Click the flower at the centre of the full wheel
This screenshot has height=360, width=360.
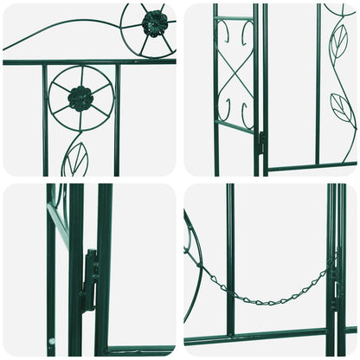point(80,99)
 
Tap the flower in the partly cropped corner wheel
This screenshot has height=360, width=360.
point(154,23)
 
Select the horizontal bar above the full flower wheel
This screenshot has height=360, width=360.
point(87,62)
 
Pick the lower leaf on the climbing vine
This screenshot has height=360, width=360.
point(343,108)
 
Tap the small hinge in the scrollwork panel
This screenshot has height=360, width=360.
point(260,143)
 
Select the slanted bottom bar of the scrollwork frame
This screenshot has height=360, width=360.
point(235,128)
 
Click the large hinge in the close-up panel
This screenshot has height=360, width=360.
point(89,281)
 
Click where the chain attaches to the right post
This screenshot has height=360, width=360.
point(330,270)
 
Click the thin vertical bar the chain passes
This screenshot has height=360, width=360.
point(230,260)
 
